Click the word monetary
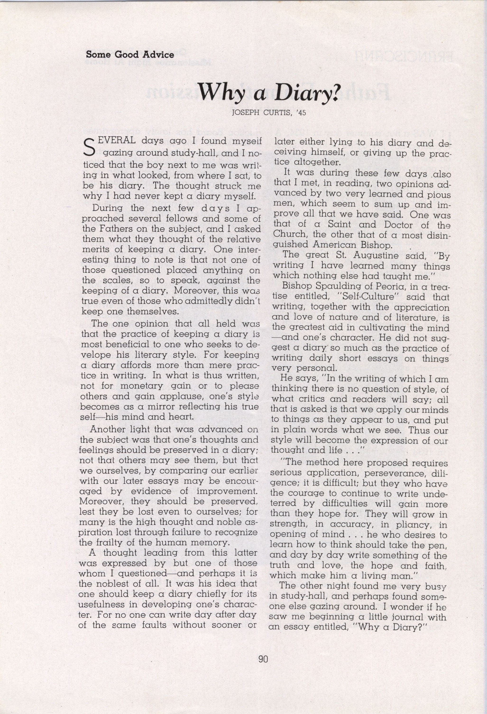[142, 386]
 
